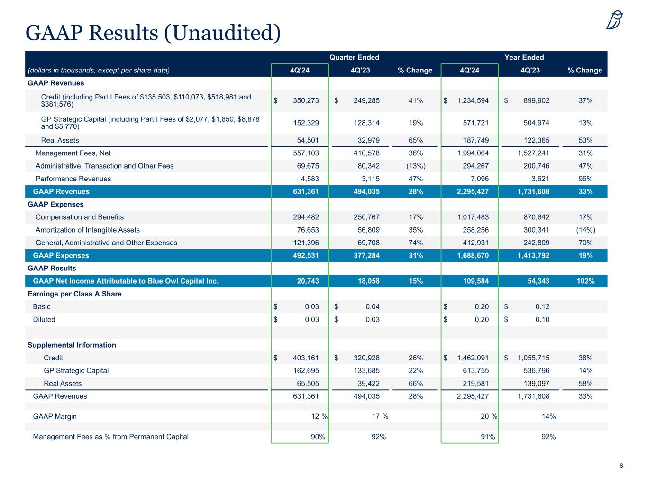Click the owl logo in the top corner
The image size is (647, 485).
615,20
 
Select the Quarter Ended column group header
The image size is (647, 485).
354,57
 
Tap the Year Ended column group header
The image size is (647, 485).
524,57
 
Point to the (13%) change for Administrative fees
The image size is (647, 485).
415,166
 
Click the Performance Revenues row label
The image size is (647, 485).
73,179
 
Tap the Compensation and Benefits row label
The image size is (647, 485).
80,217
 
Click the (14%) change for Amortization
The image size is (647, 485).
585,230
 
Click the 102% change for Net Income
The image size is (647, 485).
585,281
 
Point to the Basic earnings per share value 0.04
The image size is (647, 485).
372,306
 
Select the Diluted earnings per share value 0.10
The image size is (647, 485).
542,319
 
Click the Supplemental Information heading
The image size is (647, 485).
72,345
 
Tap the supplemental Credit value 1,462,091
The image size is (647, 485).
473,358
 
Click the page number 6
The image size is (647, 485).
621,466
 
